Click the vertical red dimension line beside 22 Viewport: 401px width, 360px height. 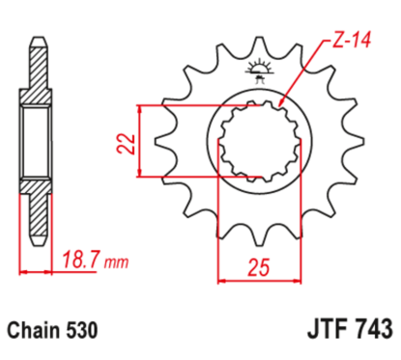143,141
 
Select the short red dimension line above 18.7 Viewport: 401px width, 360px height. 35,272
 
